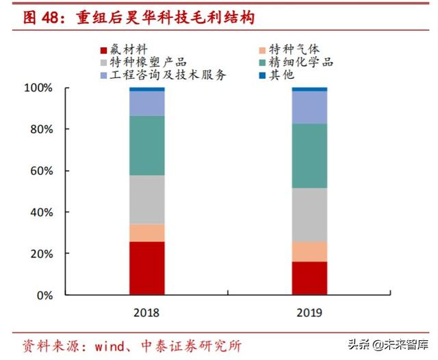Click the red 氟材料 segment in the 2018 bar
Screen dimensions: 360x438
point(147,268)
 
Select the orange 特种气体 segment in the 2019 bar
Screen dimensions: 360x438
point(309,251)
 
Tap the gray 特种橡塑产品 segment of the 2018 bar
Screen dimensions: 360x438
point(147,200)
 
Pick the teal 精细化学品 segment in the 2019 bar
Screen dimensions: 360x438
point(309,155)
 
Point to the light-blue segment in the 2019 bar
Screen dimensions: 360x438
point(309,107)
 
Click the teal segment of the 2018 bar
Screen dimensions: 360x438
point(147,145)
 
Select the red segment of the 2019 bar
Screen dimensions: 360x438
point(309,278)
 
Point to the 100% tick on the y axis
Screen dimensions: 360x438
point(38,88)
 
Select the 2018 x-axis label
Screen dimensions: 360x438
point(147,312)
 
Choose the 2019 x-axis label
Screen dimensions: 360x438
point(309,312)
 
